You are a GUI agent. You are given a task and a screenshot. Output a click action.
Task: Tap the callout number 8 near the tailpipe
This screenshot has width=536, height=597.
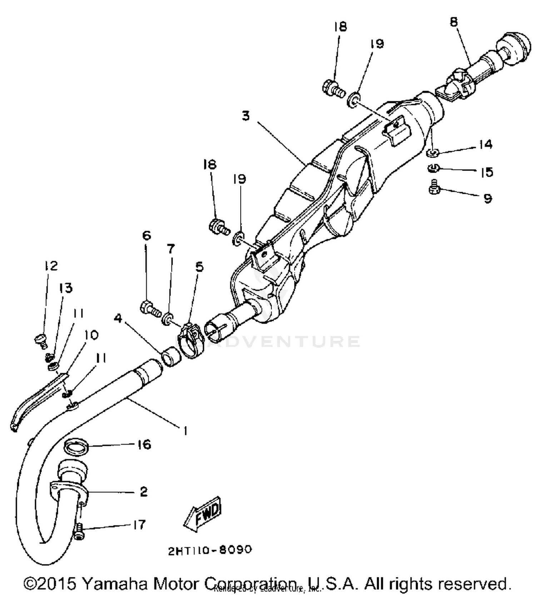pos(453,22)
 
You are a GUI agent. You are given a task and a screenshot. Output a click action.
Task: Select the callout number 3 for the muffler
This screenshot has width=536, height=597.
pos(245,116)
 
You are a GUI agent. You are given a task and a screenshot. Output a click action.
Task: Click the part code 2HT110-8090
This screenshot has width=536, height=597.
pos(210,550)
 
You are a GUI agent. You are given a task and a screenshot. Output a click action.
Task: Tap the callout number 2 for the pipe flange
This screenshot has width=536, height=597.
pos(143,492)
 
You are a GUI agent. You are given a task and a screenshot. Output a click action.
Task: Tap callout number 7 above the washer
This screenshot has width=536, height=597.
pos(171,248)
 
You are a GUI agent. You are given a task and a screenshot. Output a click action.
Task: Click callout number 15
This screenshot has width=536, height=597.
pos(486,172)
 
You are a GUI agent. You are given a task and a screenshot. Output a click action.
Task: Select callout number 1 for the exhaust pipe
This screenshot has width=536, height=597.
pos(185,431)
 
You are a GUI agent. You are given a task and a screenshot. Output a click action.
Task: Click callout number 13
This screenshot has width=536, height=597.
pos(65,288)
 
